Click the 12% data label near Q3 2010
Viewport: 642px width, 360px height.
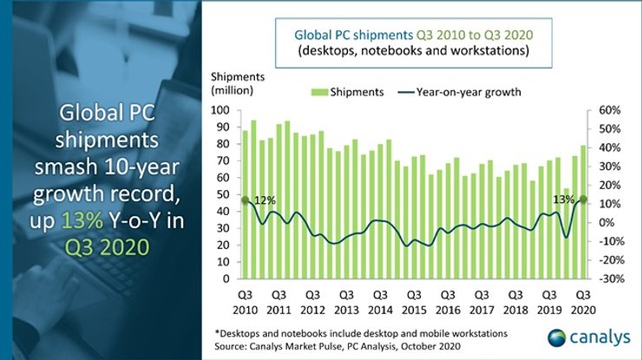click(264, 200)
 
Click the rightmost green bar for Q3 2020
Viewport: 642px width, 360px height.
click(583, 213)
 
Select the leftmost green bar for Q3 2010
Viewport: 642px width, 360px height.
click(245, 205)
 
